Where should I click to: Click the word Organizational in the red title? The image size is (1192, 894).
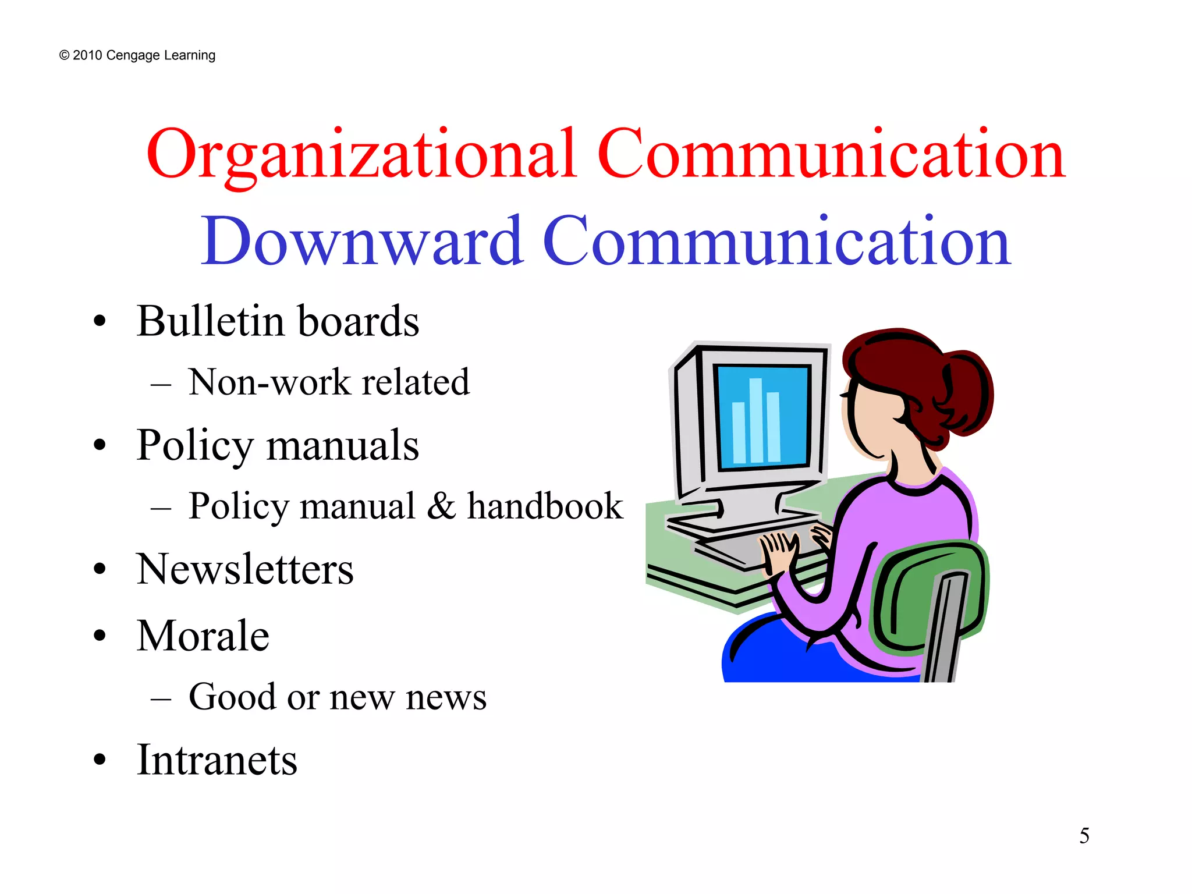coord(361,154)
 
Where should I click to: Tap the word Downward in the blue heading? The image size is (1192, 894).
coord(361,242)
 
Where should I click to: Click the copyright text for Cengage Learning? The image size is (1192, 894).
coord(137,55)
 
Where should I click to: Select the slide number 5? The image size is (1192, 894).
coord(1084,836)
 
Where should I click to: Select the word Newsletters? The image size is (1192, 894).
coord(245,569)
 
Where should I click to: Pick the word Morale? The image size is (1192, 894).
coord(203,636)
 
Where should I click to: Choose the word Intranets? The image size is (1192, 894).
coord(217,760)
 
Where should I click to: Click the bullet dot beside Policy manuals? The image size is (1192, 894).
coord(100,445)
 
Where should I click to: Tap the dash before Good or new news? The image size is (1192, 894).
coord(161,698)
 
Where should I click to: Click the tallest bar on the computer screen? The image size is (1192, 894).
coord(756,420)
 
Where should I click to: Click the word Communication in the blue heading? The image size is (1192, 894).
coord(777,242)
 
